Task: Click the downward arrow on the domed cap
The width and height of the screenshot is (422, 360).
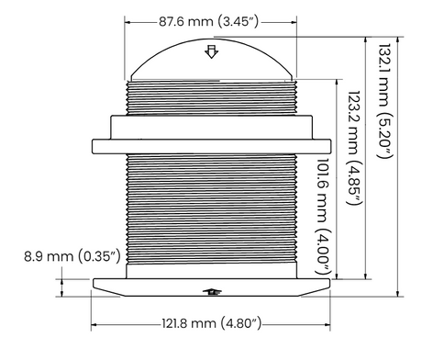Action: [212, 52]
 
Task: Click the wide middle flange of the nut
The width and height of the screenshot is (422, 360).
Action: [212, 145]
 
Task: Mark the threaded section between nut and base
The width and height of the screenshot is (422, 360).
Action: [212, 211]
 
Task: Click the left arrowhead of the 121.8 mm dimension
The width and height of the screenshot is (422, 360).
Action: [95, 323]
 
